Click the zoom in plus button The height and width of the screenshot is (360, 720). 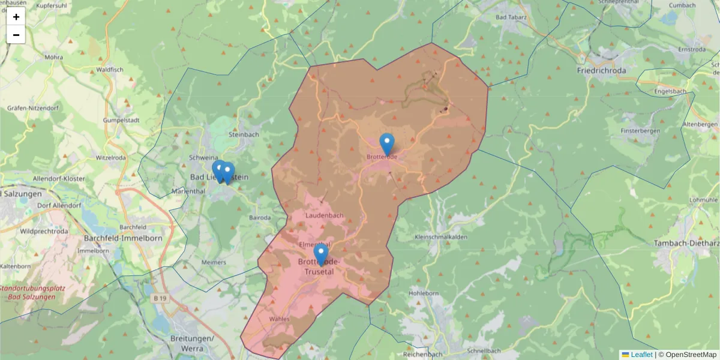pos(16,17)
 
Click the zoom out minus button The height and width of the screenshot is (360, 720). pos(16,35)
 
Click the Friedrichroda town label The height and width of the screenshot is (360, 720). pos(601,70)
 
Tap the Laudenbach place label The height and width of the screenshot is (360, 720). pos(324,215)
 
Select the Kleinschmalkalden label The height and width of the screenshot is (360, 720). pos(442,237)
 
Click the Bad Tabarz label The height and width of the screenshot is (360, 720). pos(511,17)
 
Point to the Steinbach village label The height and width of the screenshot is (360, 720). pos(244,134)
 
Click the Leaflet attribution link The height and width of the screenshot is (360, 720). pos(641,355)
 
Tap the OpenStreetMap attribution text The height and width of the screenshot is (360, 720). pos(688,355)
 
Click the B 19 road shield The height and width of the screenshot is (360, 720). pos(158,298)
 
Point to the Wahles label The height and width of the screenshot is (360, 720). pos(280,319)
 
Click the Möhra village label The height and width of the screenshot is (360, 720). pos(54,58)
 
